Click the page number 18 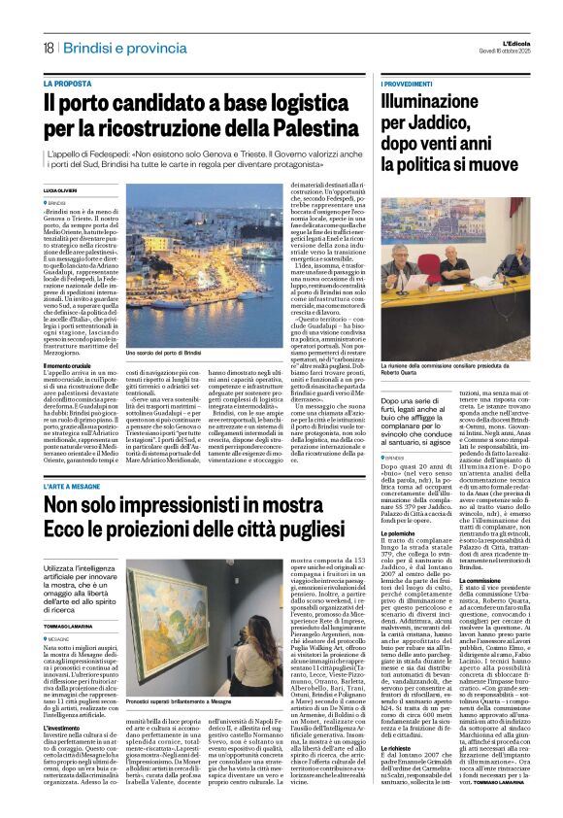47,48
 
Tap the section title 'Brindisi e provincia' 109,48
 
